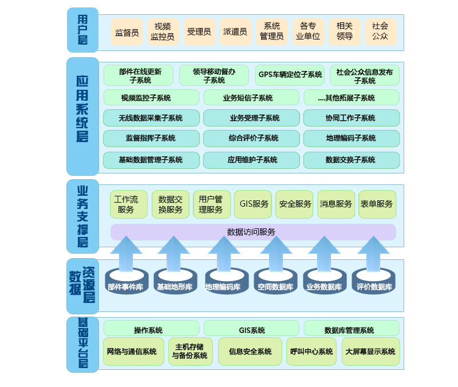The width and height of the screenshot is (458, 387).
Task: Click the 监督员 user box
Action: (x=127, y=32)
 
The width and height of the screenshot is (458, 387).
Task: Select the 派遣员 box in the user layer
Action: (x=235, y=32)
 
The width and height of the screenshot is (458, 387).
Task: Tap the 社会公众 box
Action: (x=380, y=32)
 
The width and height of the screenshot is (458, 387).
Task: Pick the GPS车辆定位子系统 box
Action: (x=290, y=75)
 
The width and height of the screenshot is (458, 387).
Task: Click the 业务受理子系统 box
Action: (x=251, y=118)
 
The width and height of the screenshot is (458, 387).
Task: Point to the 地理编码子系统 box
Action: (x=351, y=139)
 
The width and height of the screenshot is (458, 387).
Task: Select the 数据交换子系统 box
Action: (x=351, y=160)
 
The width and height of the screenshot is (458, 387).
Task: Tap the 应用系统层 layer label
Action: (x=82, y=116)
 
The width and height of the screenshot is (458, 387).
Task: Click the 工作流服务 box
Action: (x=128, y=204)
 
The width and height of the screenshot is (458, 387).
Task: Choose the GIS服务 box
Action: (x=253, y=204)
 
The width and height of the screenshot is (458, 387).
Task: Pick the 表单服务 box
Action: (x=377, y=204)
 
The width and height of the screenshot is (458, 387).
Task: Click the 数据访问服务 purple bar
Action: (x=253, y=232)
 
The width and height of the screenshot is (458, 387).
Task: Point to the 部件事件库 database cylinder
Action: (x=125, y=283)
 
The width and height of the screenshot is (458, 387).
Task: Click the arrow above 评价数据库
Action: (x=373, y=252)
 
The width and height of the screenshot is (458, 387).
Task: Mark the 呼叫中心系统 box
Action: (x=311, y=352)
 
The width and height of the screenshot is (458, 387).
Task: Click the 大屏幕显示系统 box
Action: (x=370, y=352)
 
